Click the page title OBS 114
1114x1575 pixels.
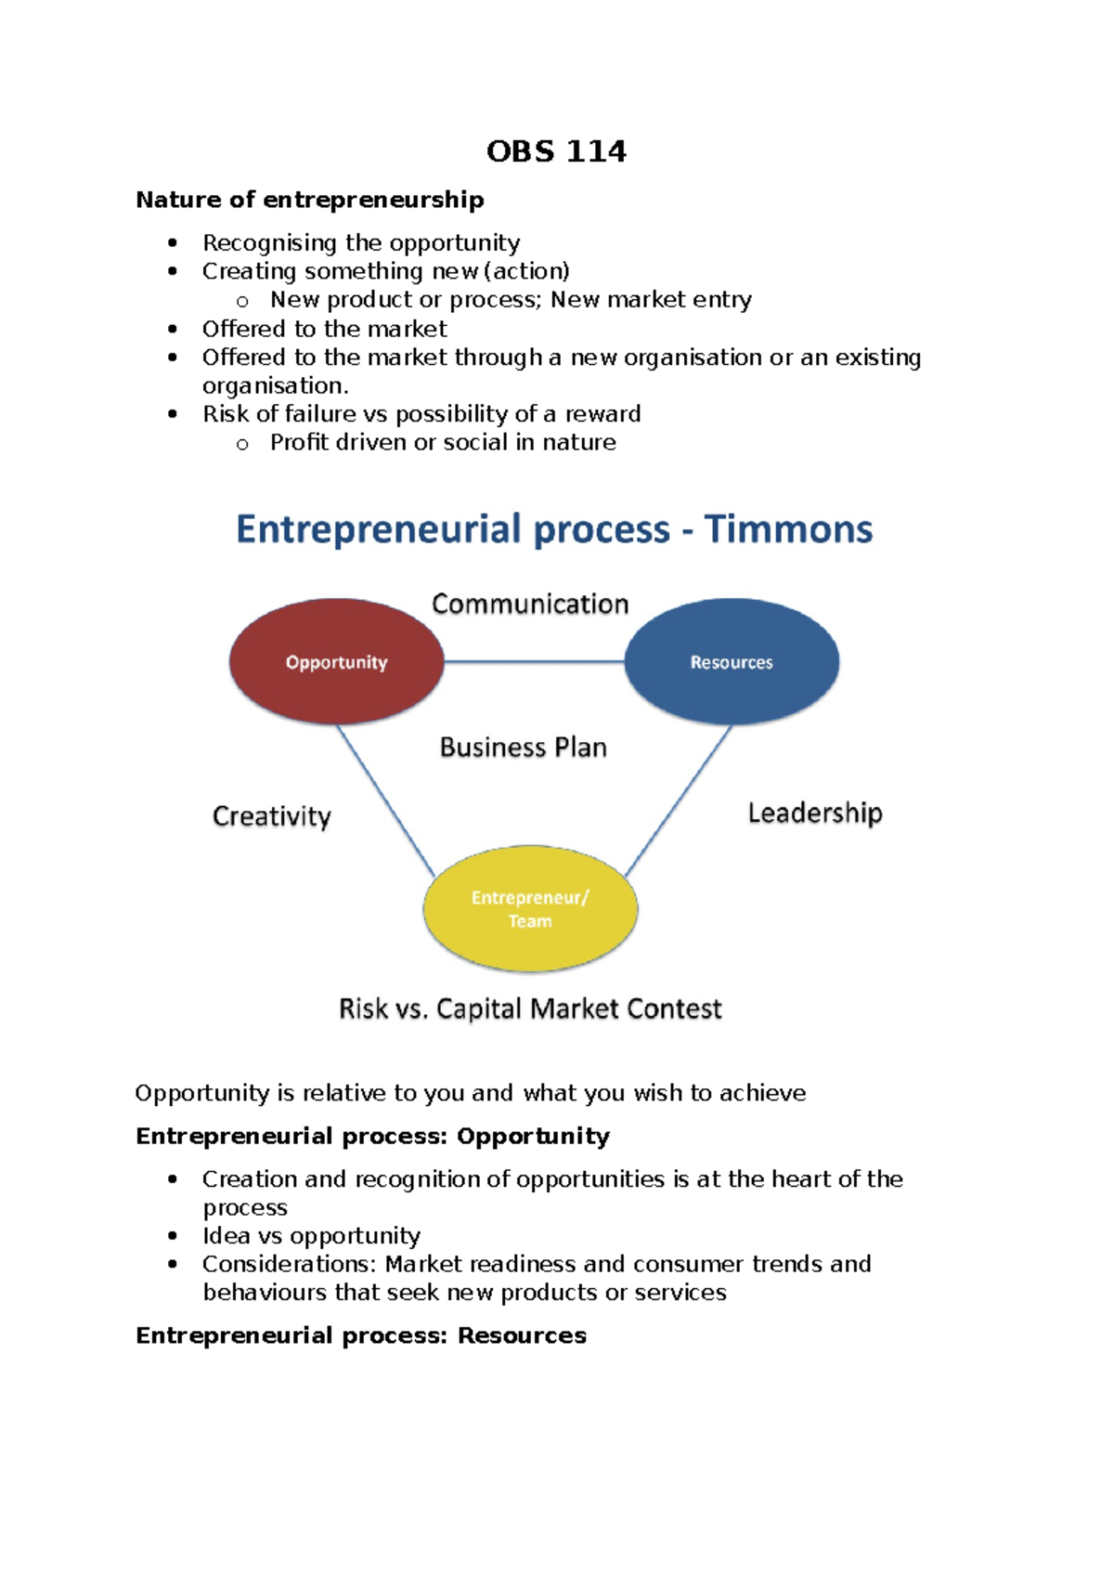pyautogui.click(x=556, y=151)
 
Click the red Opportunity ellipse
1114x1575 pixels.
pyautogui.click(x=336, y=661)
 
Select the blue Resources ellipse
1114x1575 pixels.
pyautogui.click(x=732, y=661)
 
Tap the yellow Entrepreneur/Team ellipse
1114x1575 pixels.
pyautogui.click(x=530, y=908)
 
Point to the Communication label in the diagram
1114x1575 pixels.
pyautogui.click(x=530, y=604)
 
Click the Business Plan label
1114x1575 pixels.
pyautogui.click(x=524, y=748)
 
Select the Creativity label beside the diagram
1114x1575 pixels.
pyautogui.click(x=272, y=816)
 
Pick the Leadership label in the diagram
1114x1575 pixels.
pyautogui.click(x=815, y=814)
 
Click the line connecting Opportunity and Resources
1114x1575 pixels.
pyautogui.click(x=534, y=661)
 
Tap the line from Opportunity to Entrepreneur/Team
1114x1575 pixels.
pyautogui.click(x=385, y=801)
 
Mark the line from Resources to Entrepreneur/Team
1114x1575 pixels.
pyautogui.click(x=679, y=801)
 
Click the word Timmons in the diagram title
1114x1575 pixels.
pyautogui.click(x=788, y=529)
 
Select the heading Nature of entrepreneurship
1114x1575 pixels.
pyautogui.click(x=310, y=200)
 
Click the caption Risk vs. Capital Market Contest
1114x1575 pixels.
pyautogui.click(x=530, y=1009)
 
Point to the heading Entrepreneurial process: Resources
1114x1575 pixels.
pyautogui.click(x=361, y=1335)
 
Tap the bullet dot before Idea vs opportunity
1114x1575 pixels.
pyautogui.click(x=173, y=1236)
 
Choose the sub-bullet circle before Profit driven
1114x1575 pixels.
pyautogui.click(x=242, y=444)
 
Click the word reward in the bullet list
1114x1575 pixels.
pyautogui.click(x=603, y=414)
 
